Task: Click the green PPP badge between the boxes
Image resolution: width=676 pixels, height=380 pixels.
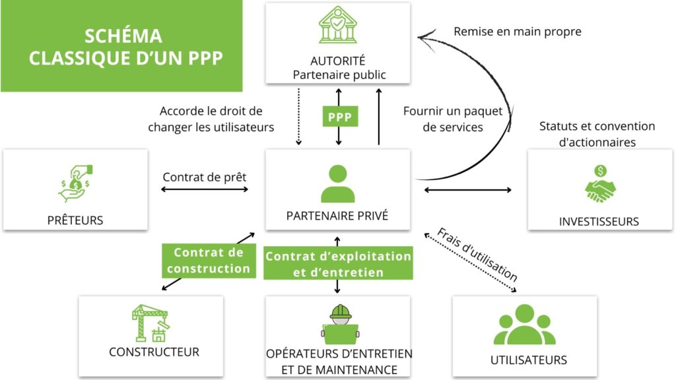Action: tap(339, 118)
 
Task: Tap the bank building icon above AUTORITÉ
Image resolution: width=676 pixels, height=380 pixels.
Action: tap(338, 26)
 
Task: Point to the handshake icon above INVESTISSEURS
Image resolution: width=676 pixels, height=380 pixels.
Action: tap(599, 184)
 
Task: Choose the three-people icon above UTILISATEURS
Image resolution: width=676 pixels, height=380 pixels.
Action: tap(524, 325)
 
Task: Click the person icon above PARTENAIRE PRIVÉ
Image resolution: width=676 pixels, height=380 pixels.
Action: tap(337, 184)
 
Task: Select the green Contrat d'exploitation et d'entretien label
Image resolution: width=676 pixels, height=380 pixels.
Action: tap(338, 264)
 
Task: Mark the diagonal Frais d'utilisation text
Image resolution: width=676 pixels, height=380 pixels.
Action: tap(477, 255)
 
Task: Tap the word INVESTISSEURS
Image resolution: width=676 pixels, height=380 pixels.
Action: tap(599, 221)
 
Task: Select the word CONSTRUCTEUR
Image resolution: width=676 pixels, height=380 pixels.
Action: tap(154, 352)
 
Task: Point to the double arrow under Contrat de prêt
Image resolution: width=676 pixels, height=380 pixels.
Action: tap(205, 190)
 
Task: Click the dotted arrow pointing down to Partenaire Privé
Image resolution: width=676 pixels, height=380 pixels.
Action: tap(298, 123)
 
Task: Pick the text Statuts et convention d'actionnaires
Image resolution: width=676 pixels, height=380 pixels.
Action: tap(597, 133)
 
